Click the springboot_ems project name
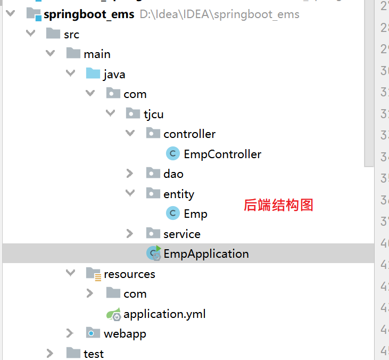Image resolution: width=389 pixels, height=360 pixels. pyautogui.click(x=89, y=14)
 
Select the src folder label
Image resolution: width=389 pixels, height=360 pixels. pyautogui.click(x=71, y=35)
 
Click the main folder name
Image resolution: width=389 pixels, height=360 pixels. pyautogui.click(x=97, y=54)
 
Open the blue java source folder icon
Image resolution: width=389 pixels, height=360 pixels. pyautogui.click(x=93, y=74)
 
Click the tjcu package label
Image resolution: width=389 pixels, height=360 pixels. pyautogui.click(x=153, y=114)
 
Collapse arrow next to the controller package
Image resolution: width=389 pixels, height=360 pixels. pyautogui.click(x=130, y=134)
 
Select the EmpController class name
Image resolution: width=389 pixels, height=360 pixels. pyautogui.click(x=222, y=154)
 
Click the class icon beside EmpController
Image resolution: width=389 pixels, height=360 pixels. pyautogui.click(x=173, y=154)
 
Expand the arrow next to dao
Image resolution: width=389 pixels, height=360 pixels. pyautogui.click(x=130, y=174)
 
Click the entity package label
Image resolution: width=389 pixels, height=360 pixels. pyautogui.click(x=179, y=194)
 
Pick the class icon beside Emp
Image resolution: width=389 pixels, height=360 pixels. pyautogui.click(x=173, y=214)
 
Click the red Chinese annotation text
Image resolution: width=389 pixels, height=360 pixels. pyautogui.click(x=278, y=205)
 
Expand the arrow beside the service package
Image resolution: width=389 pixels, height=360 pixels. pyautogui.click(x=130, y=234)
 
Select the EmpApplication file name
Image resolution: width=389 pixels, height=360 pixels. pyautogui.click(x=206, y=254)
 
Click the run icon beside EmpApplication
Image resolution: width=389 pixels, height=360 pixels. pyautogui.click(x=154, y=253)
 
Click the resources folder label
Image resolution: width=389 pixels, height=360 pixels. pyautogui.click(x=129, y=274)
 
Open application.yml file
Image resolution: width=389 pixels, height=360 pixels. pyautogui.click(x=164, y=314)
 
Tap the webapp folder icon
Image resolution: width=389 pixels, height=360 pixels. pyautogui.click(x=93, y=333)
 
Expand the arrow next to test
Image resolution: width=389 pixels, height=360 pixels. pyautogui.click(x=50, y=353)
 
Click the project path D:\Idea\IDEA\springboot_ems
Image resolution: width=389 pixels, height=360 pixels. pyautogui.click(x=219, y=14)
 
